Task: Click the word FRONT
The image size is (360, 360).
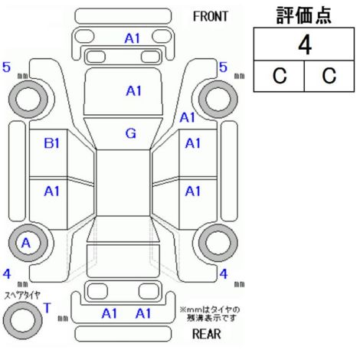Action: pos(211,17)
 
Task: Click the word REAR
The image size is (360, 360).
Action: pos(207,334)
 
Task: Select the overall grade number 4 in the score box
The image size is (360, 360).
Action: pos(305,45)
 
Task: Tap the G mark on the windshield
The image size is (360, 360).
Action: pos(131,133)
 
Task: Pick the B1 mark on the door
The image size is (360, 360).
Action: pos(52,143)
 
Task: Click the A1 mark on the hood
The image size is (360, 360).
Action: pos(133,91)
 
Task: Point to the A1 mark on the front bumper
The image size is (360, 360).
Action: pos(133,38)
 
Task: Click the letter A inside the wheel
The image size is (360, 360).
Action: pos(26,243)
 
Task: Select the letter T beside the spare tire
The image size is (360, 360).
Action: pos(47,308)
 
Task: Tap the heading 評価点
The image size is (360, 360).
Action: pos(304,16)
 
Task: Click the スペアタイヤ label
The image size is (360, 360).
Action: pos(22,296)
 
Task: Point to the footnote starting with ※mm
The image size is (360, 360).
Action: pos(210,314)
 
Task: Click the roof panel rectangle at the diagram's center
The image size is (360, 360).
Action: pos(123,183)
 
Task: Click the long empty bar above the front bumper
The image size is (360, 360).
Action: pos(123,16)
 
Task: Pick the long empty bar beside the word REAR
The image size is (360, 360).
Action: pos(123,333)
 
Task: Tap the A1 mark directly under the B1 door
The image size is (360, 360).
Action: pos(51,191)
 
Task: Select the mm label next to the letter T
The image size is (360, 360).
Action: pos(63,318)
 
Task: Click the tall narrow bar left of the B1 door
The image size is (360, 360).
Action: pos(18,171)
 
